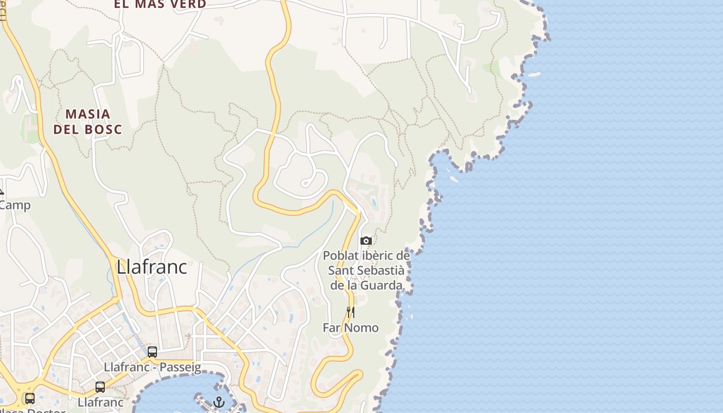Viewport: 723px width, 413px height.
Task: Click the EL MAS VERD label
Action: tap(160, 4)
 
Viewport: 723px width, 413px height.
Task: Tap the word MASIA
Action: tap(88, 114)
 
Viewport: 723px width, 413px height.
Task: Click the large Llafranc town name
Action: tap(151, 267)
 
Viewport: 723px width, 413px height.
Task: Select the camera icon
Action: tap(366, 241)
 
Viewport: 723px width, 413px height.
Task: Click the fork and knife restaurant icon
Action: tap(351, 312)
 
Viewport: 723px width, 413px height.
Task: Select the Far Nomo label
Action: tap(351, 328)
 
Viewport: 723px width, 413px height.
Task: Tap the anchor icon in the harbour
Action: tap(219, 402)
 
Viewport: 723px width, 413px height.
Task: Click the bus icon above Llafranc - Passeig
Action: tap(152, 352)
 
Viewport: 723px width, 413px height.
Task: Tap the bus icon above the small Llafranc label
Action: tap(100, 387)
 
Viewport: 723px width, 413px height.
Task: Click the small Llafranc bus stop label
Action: tap(100, 402)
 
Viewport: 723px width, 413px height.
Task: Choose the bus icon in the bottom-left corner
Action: tap(30, 398)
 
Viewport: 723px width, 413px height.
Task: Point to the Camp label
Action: tap(15, 205)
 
